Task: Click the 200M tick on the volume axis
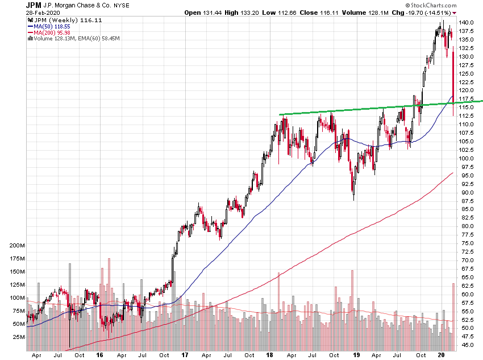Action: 17,246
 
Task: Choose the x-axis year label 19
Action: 356,355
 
